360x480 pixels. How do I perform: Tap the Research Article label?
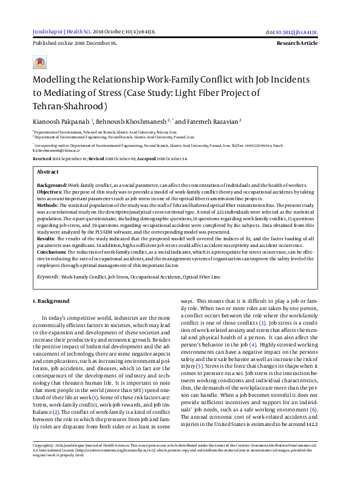(x=296, y=44)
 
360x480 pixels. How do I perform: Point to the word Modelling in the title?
(x=54, y=80)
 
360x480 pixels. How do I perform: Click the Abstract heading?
(x=48, y=172)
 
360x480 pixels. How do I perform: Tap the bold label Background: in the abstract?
(x=52, y=184)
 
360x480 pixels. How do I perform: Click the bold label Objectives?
(x=51, y=191)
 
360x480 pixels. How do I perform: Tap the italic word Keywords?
(x=47, y=276)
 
